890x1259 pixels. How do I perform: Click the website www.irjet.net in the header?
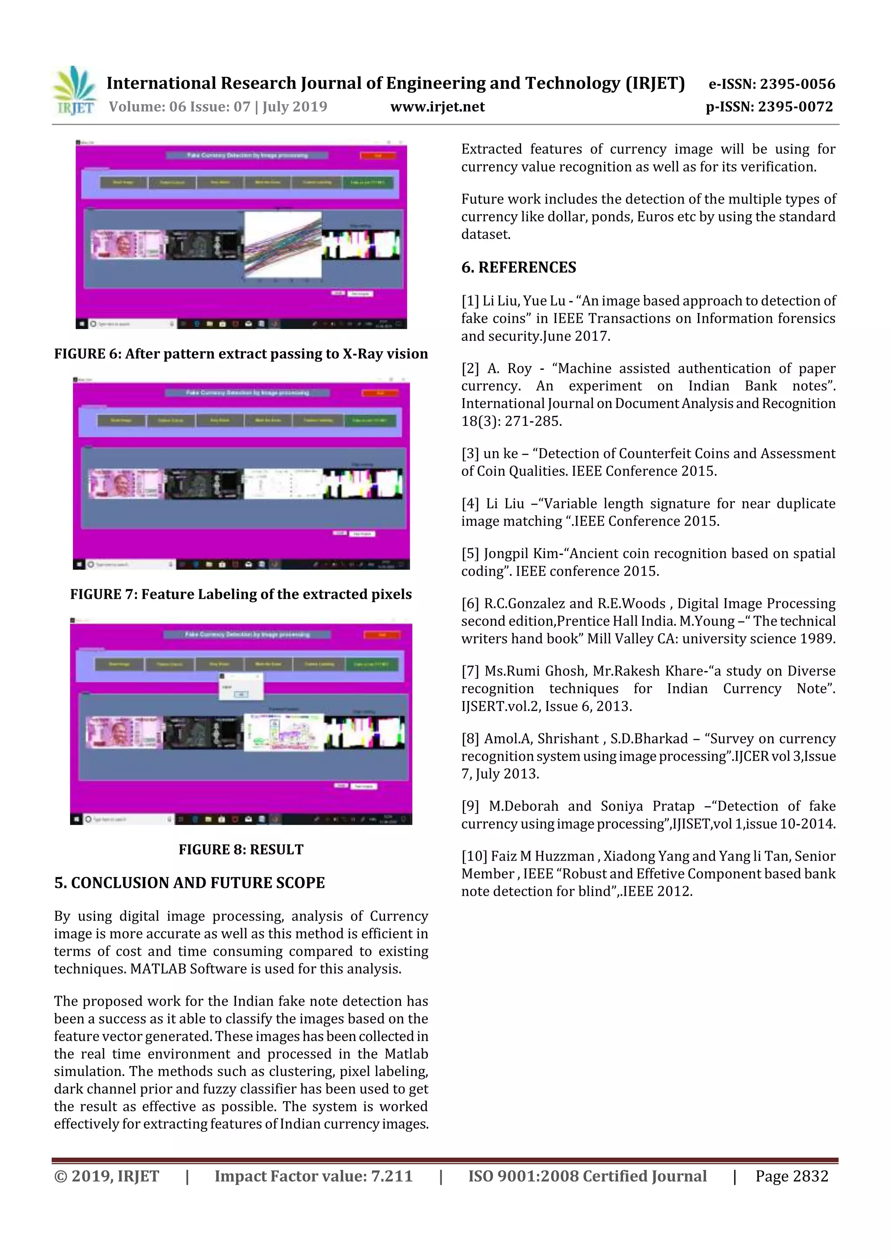click(437, 107)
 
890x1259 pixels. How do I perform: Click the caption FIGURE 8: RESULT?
click(241, 849)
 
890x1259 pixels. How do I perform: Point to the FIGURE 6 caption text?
click(241, 354)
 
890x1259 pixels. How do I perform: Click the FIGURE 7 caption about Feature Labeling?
click(241, 595)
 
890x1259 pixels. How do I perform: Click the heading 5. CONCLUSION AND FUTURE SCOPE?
click(189, 883)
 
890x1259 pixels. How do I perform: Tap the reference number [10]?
click(473, 857)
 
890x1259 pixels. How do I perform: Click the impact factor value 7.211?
click(392, 1176)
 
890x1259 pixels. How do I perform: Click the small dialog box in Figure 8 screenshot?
click(241, 686)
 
